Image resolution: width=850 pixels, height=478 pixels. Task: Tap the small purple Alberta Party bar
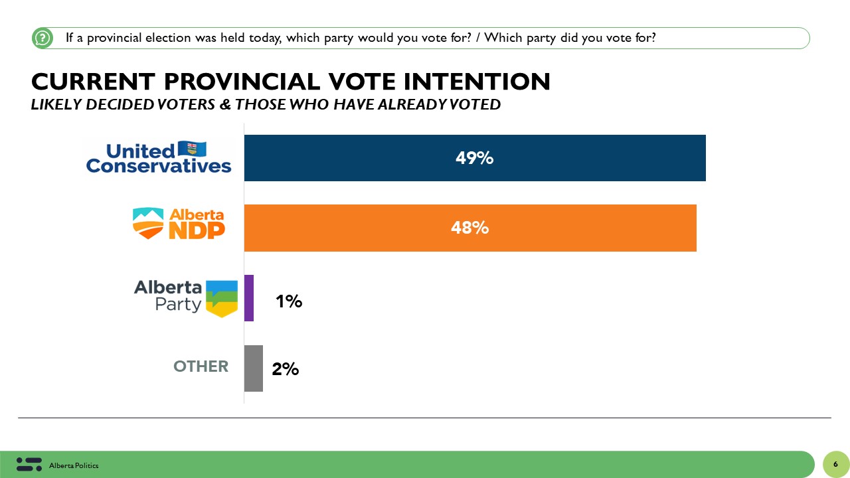249,298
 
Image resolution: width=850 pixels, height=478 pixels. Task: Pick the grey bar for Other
254,368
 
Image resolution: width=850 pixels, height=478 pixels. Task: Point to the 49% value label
474,158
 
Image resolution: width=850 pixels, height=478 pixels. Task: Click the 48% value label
469,228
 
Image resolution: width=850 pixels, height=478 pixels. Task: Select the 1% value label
289,301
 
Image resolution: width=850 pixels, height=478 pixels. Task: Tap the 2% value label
286,369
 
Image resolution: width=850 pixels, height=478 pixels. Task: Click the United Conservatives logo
159,158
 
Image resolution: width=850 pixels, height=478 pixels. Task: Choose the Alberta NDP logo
179,223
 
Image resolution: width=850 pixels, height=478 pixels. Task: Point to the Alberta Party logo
185,297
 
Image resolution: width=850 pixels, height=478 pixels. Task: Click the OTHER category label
201,366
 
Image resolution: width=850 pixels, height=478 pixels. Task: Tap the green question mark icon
42,39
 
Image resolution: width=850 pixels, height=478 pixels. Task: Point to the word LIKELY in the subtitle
55,104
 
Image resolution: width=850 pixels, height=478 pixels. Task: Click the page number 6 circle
835,464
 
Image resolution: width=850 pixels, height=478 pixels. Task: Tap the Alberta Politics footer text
74,466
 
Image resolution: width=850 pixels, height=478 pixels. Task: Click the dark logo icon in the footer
29,465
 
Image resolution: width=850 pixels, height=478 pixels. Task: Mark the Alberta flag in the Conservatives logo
193,149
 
